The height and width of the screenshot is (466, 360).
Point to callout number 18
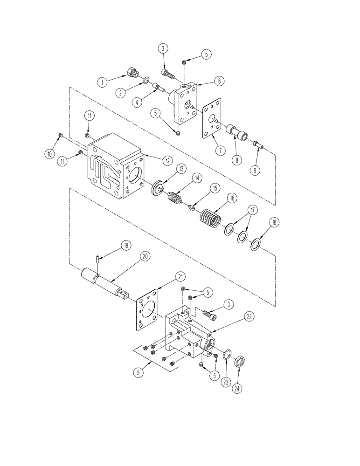(274, 222)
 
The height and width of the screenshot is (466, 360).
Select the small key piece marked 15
(192, 207)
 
